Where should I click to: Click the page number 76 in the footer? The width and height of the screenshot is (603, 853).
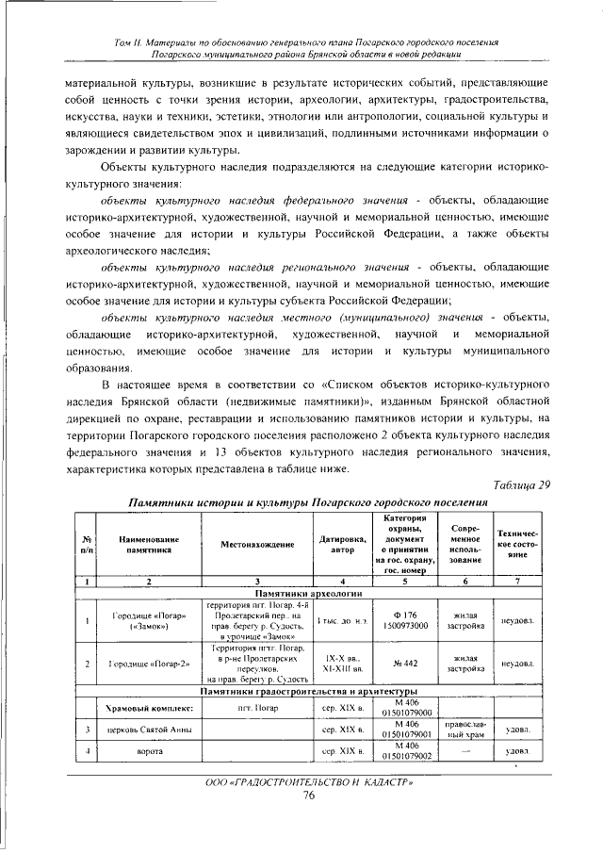tap(308, 796)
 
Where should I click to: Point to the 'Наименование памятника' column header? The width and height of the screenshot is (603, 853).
tap(149, 544)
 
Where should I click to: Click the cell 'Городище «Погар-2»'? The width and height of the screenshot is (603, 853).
tap(149, 664)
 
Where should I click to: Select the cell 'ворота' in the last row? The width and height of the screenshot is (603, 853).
tap(149, 752)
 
